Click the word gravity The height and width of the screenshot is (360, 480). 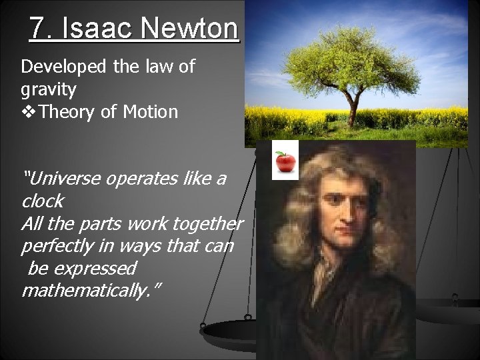(x=48, y=89)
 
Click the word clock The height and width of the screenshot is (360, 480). (x=43, y=201)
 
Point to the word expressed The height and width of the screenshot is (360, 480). (x=96, y=269)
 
